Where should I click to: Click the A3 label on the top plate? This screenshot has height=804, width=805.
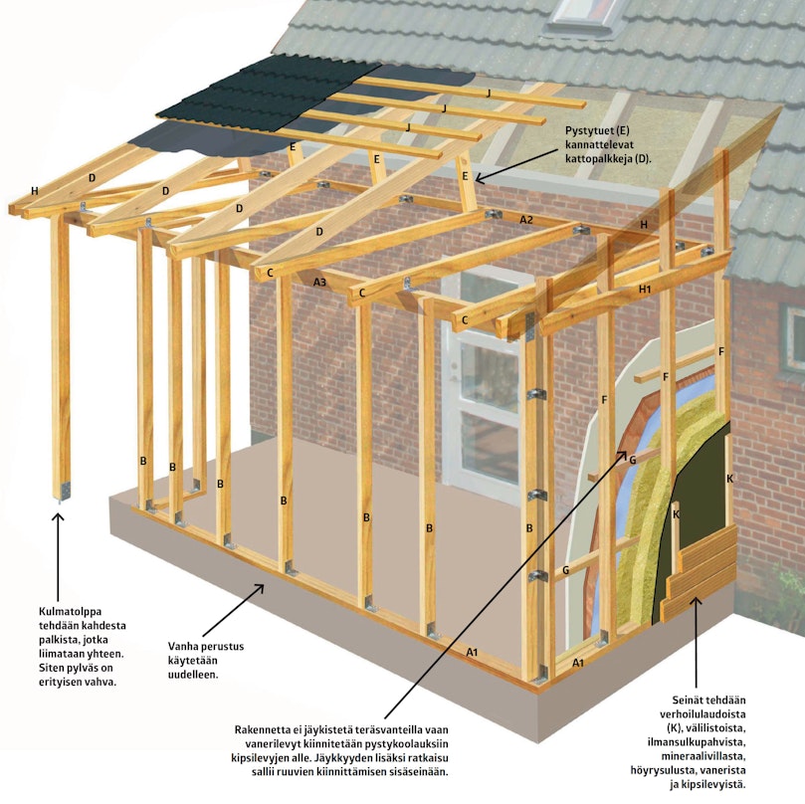[319, 282]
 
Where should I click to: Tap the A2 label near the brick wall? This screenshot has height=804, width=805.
[526, 220]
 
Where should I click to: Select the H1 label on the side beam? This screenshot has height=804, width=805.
[645, 289]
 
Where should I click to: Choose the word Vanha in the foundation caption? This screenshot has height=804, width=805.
[183, 646]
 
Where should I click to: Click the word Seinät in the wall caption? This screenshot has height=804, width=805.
[688, 700]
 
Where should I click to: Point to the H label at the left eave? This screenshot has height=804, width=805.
[35, 191]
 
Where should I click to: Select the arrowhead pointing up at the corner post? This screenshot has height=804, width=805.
[58, 517]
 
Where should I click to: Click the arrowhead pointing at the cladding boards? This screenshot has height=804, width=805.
[696, 602]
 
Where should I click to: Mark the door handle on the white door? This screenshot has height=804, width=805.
[454, 368]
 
